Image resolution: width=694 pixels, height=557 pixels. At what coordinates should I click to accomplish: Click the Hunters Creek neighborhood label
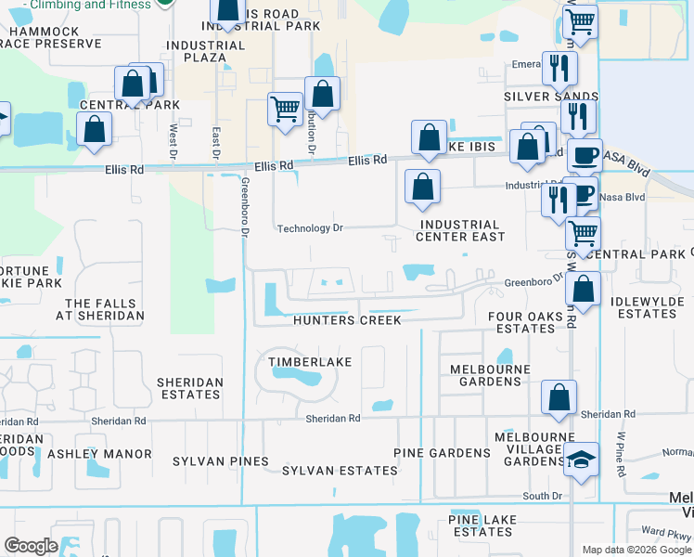pyautogui.click(x=347, y=320)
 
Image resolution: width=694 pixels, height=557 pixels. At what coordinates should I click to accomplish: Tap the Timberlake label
pyautogui.click(x=309, y=361)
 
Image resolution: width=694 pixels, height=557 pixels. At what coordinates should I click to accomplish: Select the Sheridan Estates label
pyautogui.click(x=189, y=388)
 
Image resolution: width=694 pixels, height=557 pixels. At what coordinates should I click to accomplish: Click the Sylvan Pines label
pyautogui.click(x=221, y=461)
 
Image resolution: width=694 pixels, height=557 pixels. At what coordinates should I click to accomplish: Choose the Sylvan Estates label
pyautogui.click(x=340, y=471)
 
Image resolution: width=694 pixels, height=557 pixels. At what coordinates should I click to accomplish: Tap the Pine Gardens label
pyautogui.click(x=442, y=453)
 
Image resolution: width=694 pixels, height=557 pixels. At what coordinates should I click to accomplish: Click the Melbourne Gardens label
pyautogui.click(x=490, y=375)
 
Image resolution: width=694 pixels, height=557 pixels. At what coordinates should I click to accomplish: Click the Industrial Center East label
pyautogui.click(x=461, y=230)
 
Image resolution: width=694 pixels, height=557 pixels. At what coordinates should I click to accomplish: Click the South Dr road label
pyautogui.click(x=543, y=497)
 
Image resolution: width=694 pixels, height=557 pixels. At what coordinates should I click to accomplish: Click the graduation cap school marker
pyautogui.click(x=581, y=460)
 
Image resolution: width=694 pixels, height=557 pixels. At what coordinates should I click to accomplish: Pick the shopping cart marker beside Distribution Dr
pyautogui.click(x=285, y=108)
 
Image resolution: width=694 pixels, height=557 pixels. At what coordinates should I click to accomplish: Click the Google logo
pyautogui.click(x=32, y=546)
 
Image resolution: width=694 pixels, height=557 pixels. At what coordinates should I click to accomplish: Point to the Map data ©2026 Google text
pyautogui.click(x=636, y=550)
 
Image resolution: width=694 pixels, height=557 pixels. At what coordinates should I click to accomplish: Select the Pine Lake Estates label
pyautogui.click(x=481, y=525)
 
